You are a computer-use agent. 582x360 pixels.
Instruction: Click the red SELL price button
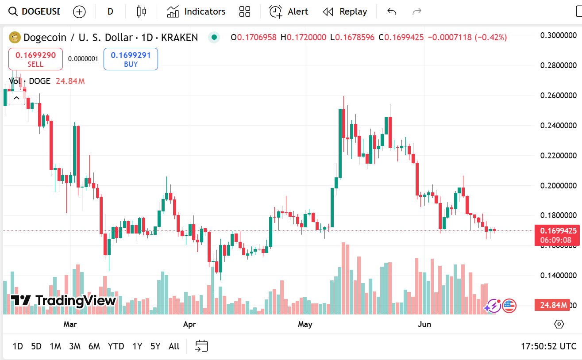tap(35, 59)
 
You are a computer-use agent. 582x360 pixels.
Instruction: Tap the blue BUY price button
tap(131, 59)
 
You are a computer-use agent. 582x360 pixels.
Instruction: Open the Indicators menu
tap(196, 11)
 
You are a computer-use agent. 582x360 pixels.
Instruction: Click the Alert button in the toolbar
tap(289, 11)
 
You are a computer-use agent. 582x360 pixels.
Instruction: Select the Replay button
tap(345, 11)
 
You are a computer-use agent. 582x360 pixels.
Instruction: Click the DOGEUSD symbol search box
tap(35, 11)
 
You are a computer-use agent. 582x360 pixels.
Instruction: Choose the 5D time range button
tap(36, 346)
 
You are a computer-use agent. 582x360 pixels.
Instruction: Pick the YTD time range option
tap(116, 346)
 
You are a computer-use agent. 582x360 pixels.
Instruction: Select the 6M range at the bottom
tap(94, 346)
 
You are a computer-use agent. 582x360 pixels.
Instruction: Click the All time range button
tap(174, 346)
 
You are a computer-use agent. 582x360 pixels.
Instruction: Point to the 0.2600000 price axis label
tap(559, 96)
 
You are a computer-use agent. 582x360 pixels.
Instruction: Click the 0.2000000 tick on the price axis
tap(559, 185)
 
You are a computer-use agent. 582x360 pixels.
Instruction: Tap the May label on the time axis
tap(305, 324)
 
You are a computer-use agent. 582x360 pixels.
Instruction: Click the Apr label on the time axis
tap(189, 324)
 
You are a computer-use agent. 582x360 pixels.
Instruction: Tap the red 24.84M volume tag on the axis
tap(553, 305)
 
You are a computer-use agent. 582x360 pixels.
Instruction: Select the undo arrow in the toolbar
tap(392, 11)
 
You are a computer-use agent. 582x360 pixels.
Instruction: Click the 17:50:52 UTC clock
tap(549, 346)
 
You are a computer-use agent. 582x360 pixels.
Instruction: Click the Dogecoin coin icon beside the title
tap(15, 38)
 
